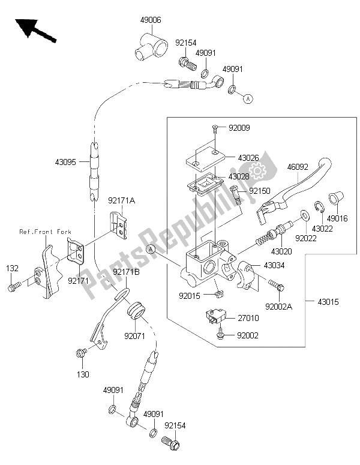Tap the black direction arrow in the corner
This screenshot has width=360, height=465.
pos(35,31)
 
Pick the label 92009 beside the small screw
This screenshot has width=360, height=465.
pos(239,128)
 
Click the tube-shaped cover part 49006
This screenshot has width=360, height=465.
pos(148,46)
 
